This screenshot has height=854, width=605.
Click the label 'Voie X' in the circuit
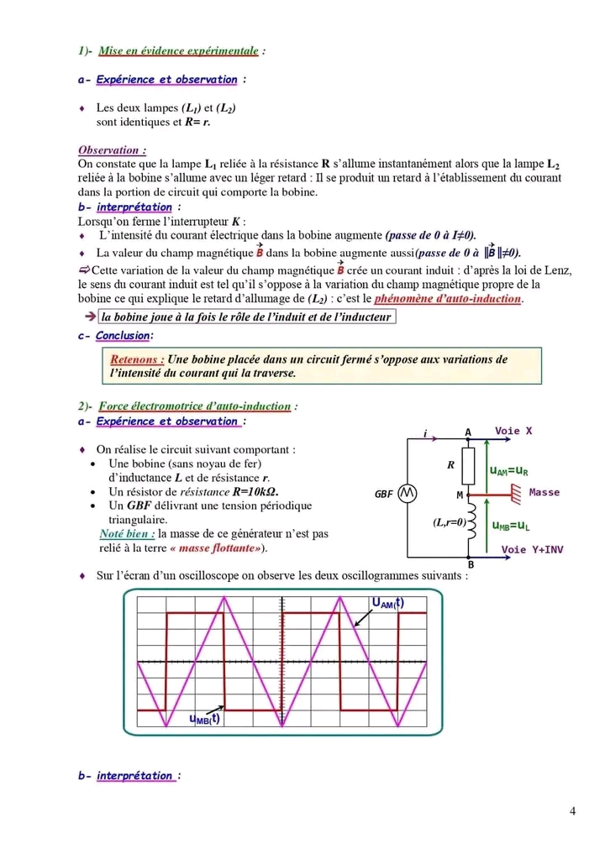(513, 431)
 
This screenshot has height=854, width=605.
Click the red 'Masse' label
(544, 492)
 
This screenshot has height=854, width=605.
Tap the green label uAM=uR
(509, 471)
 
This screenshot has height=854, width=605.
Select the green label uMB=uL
(510, 526)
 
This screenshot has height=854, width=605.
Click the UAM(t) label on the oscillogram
(387, 603)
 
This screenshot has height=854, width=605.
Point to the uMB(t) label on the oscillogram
(204, 718)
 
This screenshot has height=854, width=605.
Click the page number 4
(572, 811)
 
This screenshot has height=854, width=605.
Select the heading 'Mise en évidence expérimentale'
(178, 51)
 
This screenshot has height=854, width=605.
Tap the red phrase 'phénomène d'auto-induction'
(449, 299)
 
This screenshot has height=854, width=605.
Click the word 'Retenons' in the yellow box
(136, 359)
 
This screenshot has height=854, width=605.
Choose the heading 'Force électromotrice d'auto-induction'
(195, 406)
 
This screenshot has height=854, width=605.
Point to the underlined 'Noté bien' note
(126, 533)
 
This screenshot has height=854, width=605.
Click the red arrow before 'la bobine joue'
(90, 317)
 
